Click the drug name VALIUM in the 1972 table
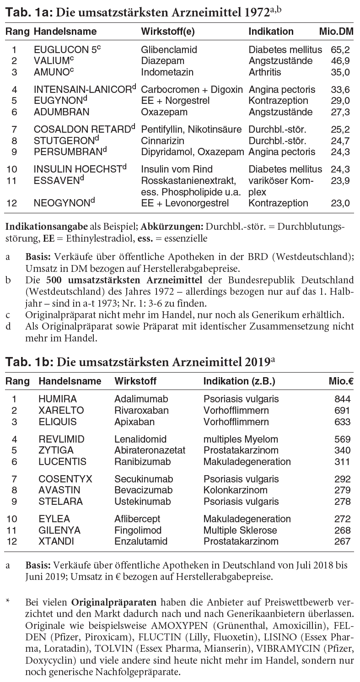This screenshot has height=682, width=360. [x=51, y=61]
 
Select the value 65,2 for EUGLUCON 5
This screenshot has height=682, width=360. [x=333, y=49]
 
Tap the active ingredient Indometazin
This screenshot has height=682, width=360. [x=167, y=72]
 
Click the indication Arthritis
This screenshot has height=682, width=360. [x=265, y=72]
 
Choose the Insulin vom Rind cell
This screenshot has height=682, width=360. [x=177, y=169]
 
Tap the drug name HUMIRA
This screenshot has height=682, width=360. [x=58, y=399]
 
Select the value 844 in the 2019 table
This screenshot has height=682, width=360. [x=343, y=399]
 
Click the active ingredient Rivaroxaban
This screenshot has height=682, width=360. [x=141, y=411]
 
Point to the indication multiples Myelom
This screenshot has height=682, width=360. [x=241, y=439]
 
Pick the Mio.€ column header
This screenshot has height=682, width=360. [x=339, y=381]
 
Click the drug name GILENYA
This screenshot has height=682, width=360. [x=59, y=530]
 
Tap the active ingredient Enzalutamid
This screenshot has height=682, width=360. [x=141, y=541]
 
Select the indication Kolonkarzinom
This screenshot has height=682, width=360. [x=235, y=490]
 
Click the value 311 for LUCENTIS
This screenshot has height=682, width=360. [x=343, y=462]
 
